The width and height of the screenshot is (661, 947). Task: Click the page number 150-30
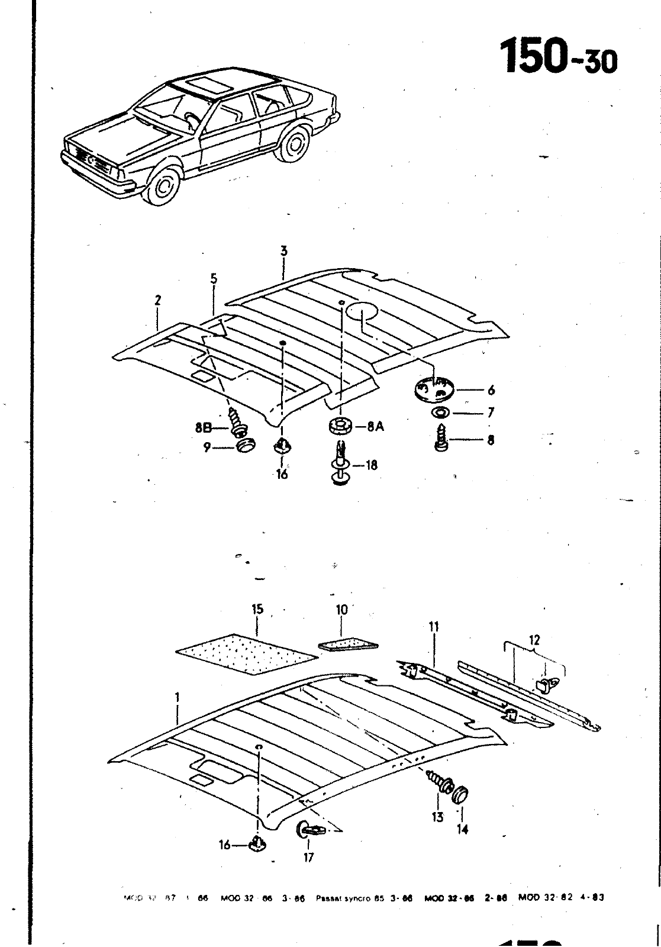coord(559,56)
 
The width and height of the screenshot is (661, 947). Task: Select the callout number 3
coord(283,251)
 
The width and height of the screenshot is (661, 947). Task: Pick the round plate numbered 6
coord(433,389)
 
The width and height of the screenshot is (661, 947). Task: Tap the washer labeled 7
coord(441,412)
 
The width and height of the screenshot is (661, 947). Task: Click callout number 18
coord(371,466)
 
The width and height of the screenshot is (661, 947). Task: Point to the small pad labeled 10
coord(349,644)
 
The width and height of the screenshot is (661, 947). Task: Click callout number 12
coord(535,640)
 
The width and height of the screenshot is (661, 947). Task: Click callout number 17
coord(308,856)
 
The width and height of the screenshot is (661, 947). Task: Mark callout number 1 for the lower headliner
coord(176,698)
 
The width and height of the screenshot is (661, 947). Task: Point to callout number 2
coord(158,300)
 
